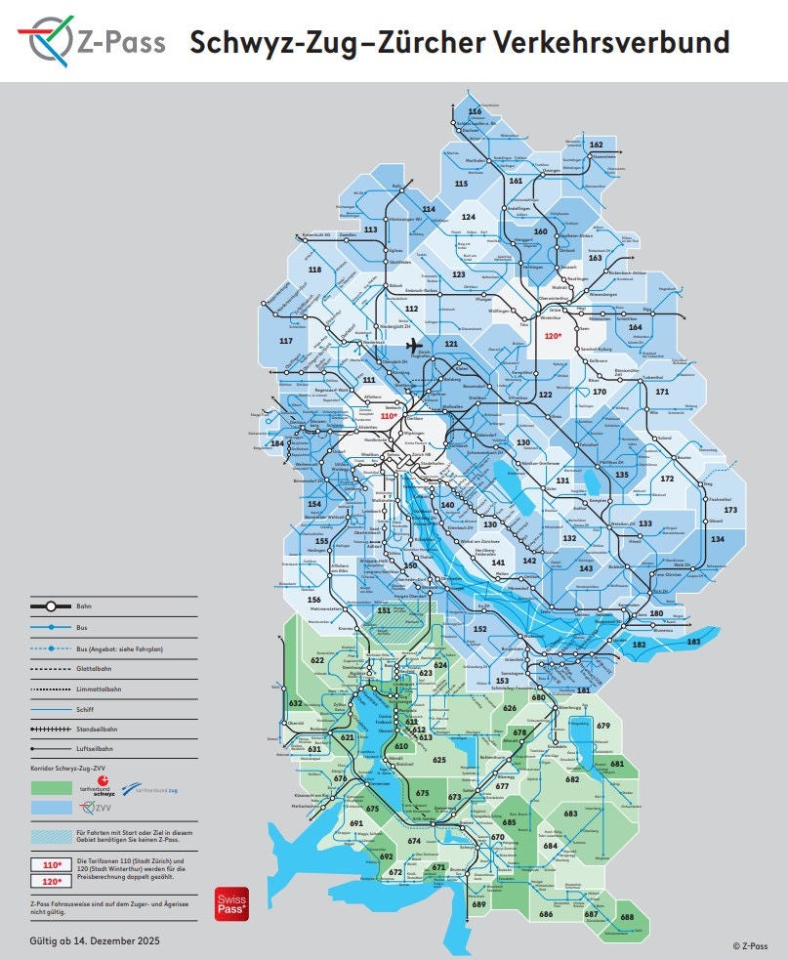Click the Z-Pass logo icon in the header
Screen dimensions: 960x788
[x=43, y=42]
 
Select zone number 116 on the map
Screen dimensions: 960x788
[x=476, y=112]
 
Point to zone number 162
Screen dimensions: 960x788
[x=597, y=145]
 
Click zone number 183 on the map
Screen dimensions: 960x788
[x=693, y=642]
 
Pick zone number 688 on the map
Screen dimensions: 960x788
[x=626, y=917]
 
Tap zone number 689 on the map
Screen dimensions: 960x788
[x=478, y=904]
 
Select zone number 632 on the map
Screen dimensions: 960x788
[x=296, y=703]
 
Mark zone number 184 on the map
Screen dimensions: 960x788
[x=278, y=443]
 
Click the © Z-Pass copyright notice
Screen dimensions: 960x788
[x=750, y=945]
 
